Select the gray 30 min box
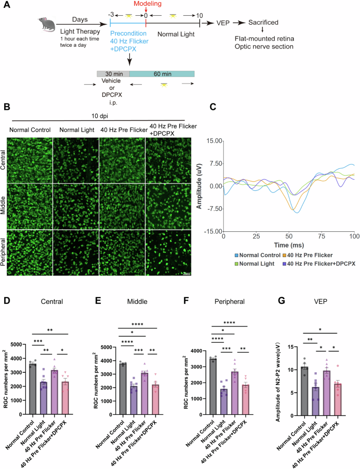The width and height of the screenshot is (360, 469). [113, 75]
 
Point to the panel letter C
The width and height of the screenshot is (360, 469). [212, 107]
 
